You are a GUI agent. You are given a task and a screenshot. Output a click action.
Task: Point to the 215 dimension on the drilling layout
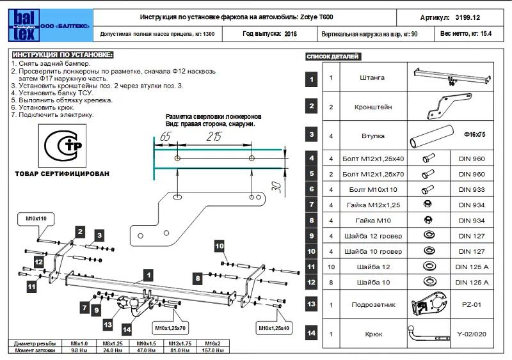214,137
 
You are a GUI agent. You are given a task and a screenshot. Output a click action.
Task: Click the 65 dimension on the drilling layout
165,137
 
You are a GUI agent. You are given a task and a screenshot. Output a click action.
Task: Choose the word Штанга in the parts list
372,77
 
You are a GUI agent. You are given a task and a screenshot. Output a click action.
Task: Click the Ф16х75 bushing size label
475,135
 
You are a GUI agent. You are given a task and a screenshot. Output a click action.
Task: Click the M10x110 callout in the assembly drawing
36,219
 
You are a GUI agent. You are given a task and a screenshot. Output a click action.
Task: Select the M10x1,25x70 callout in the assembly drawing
169,329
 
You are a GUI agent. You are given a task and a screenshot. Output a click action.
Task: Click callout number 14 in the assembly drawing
126,329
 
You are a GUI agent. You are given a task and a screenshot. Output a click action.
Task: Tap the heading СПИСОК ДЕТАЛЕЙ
333,57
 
